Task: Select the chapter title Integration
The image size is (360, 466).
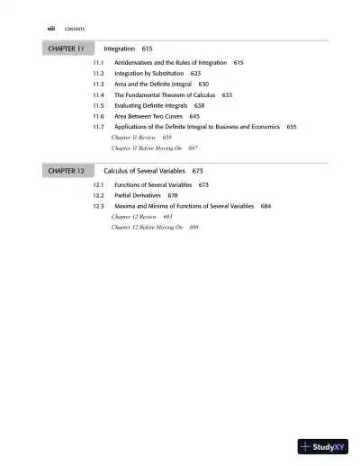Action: pyautogui.click(x=120, y=47)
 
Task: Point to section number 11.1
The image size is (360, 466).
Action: pyautogui.click(x=99, y=63)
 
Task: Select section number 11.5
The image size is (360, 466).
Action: pyautogui.click(x=99, y=105)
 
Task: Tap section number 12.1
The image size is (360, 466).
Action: pyautogui.click(x=99, y=184)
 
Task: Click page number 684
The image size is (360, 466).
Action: pyautogui.click(x=265, y=206)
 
